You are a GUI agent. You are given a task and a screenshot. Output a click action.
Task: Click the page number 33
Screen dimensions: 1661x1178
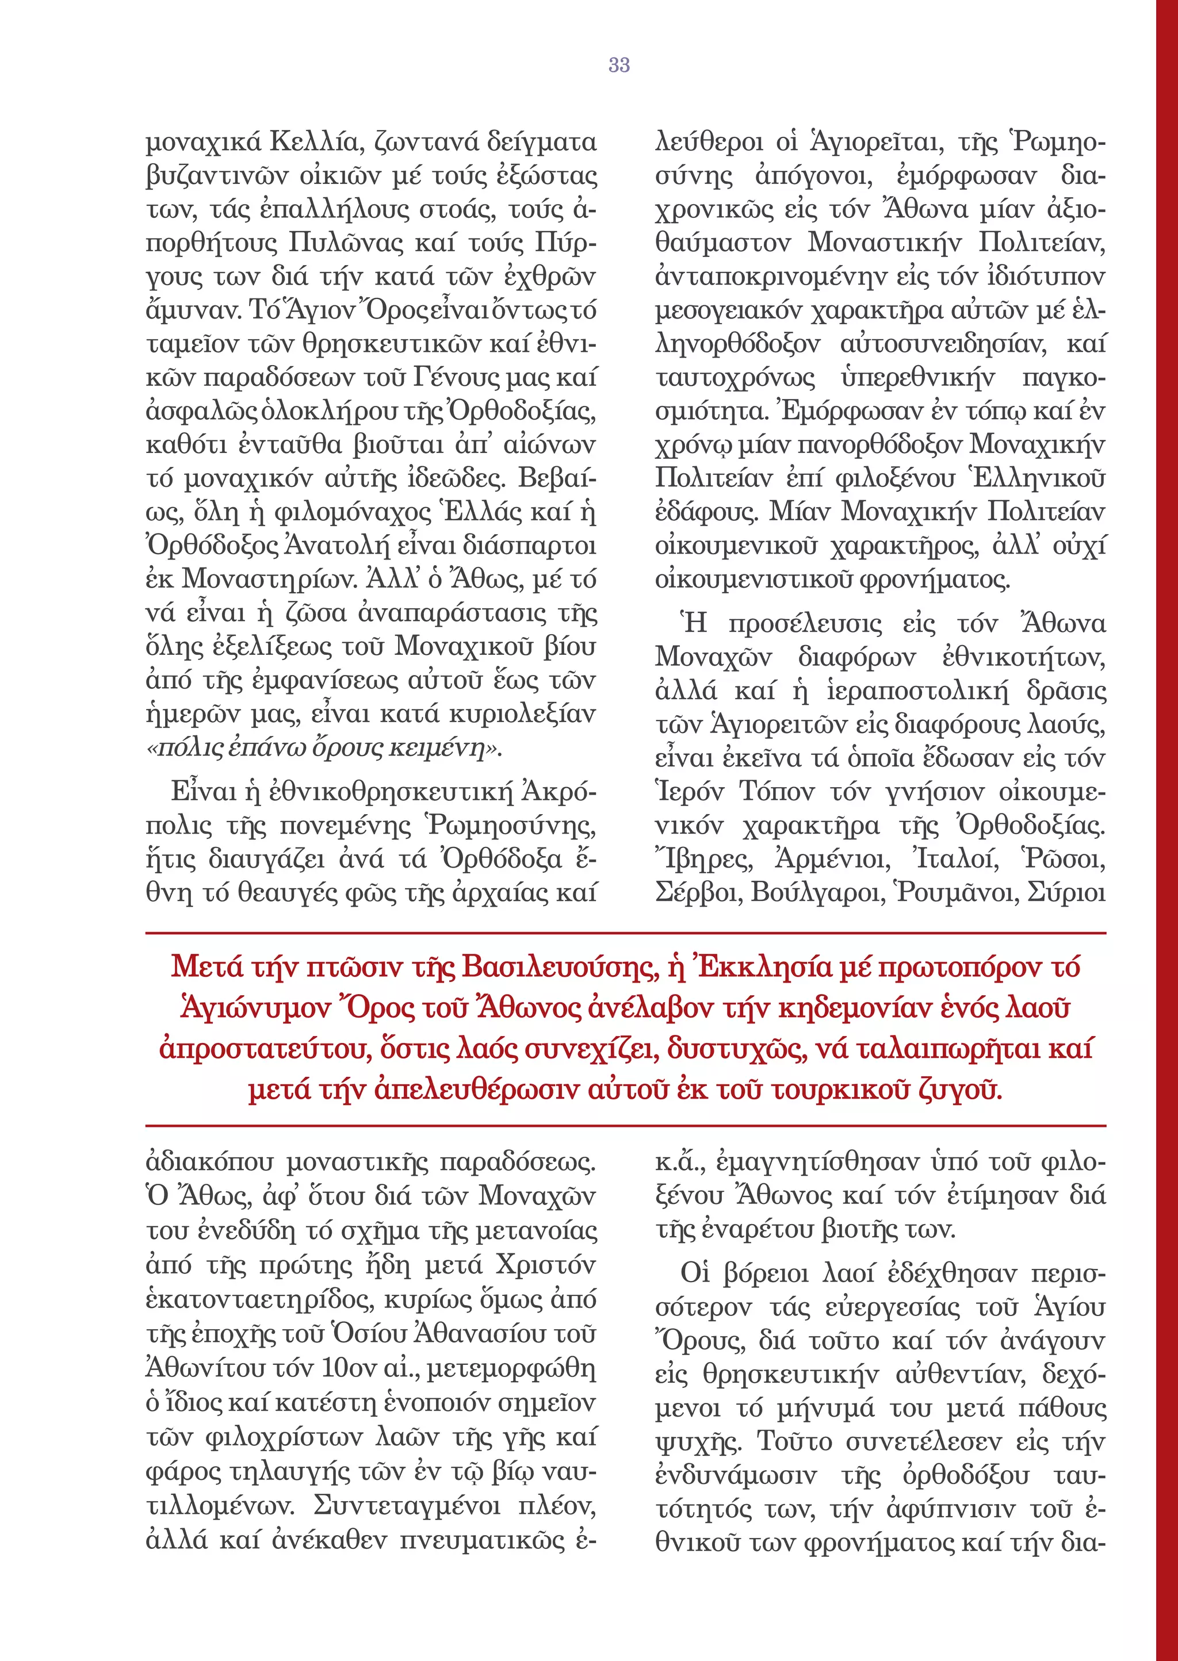click(x=619, y=65)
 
